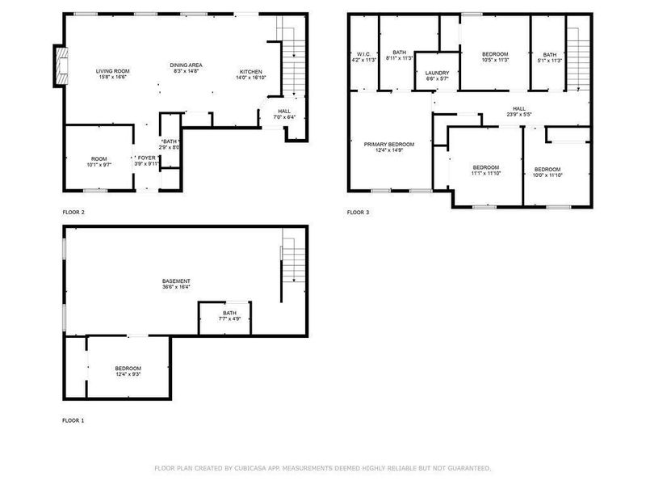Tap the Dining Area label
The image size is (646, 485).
186,65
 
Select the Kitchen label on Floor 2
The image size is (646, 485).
251,71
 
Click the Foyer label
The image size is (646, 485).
146,158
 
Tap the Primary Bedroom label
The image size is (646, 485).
388,144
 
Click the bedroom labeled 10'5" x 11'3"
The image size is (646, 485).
495,54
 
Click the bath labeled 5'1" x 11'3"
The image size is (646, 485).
550,54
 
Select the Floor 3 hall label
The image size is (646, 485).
519,109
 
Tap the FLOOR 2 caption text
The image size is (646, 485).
73,213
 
